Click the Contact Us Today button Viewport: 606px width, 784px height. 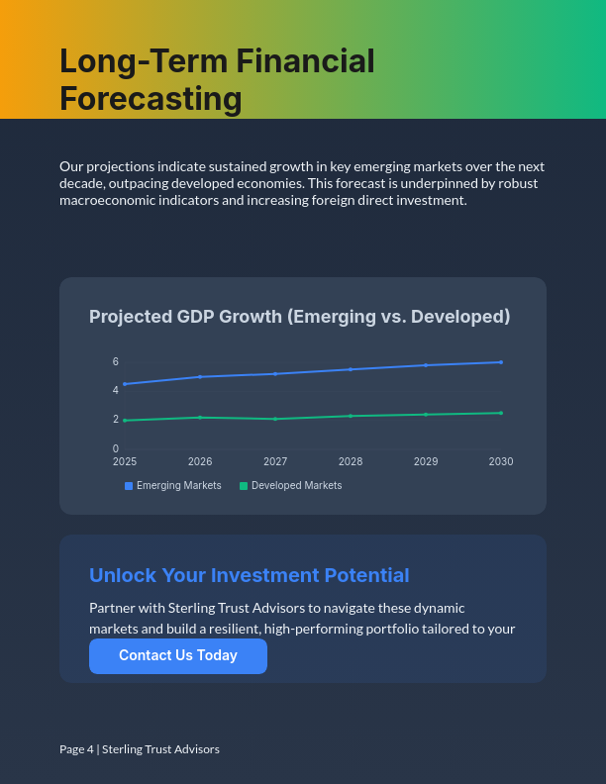click(178, 655)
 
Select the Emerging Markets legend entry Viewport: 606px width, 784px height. click(173, 486)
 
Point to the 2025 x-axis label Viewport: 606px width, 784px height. click(125, 461)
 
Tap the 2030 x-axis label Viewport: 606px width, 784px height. click(501, 461)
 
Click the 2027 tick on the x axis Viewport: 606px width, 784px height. click(275, 461)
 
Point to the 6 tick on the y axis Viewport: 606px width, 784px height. click(116, 361)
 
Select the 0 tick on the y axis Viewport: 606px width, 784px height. click(116, 448)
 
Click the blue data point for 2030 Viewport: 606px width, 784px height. click(501, 362)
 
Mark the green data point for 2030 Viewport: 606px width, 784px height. click(501, 413)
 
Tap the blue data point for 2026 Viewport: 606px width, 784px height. click(200, 376)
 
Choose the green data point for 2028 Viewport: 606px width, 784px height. click(351, 416)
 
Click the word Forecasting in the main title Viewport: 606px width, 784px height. click(151, 99)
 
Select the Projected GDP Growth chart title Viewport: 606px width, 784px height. click(299, 317)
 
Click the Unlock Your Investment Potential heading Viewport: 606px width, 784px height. click(249, 575)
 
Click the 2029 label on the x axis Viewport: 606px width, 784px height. click(426, 461)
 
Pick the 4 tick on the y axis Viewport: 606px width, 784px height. click(116, 390)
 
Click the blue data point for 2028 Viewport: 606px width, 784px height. click(351, 369)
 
